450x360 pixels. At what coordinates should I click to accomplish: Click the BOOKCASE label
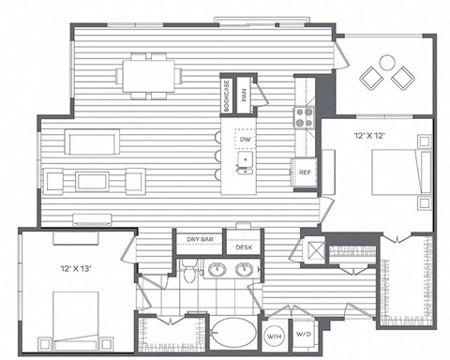coord(228,92)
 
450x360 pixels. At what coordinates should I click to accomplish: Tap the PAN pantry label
coord(245,93)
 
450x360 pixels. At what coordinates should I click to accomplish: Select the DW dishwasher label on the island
coord(245,140)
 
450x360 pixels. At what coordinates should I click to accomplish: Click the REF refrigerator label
coord(305,172)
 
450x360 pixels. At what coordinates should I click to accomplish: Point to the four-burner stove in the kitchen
coord(305,116)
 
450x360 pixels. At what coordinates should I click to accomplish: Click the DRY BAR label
coord(200,240)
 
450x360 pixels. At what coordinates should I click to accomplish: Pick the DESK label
coord(245,247)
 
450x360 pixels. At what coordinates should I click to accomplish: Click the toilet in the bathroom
coord(188,273)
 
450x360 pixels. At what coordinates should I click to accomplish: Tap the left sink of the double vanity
coord(218,271)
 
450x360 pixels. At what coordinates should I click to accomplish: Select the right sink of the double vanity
coord(247,271)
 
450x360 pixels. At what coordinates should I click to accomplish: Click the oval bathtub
coord(231,335)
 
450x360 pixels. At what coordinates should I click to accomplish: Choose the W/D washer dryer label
coord(304,336)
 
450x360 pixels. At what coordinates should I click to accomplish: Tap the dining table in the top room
coord(148,72)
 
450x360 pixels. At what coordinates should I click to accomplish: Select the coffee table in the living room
coord(91,179)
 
